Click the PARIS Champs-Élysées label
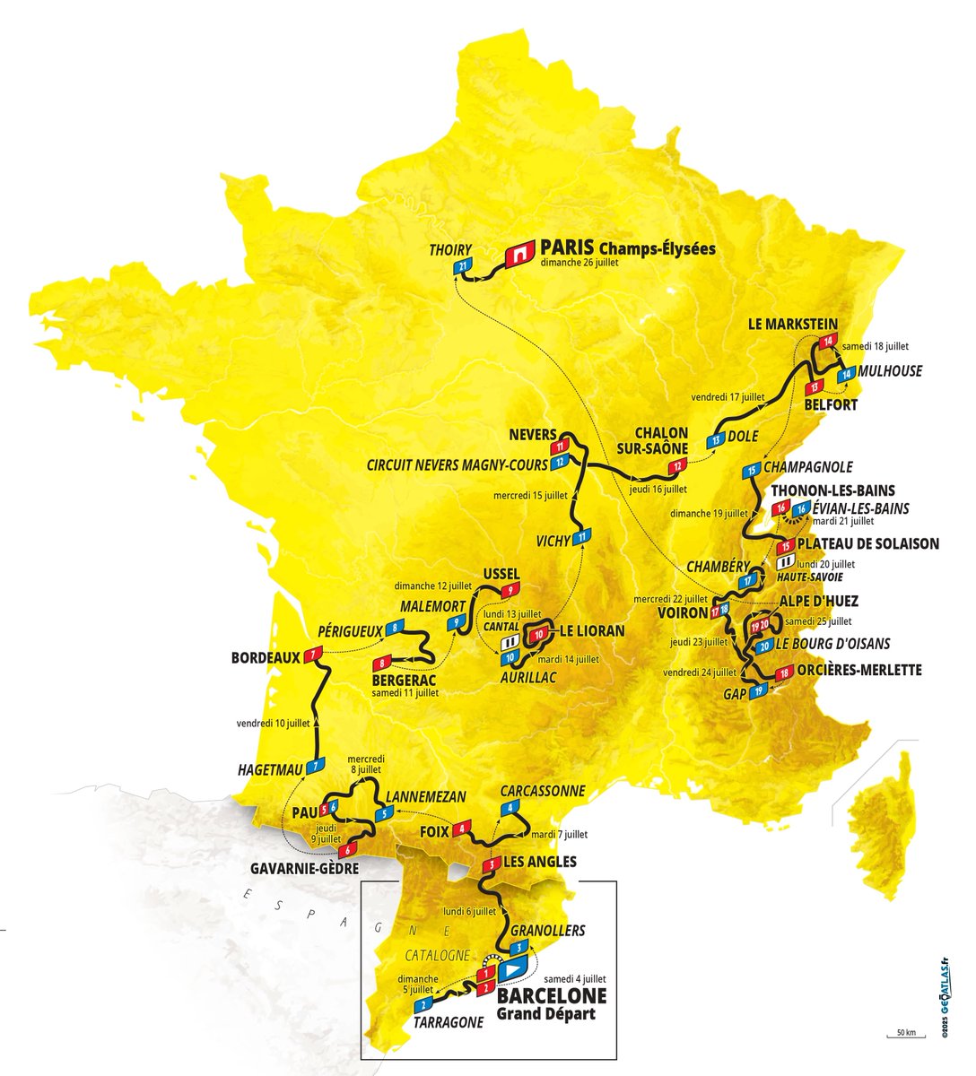pyautogui.click(x=628, y=247)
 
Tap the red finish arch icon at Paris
pyautogui.click(x=519, y=256)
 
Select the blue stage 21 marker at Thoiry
pyautogui.click(x=462, y=268)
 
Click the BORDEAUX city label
pyautogui.click(x=266, y=657)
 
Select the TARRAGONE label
pyautogui.click(x=449, y=1021)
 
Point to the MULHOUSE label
pyautogui.click(x=889, y=371)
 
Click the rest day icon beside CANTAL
pyautogui.click(x=510, y=642)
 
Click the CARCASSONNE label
pyautogui.click(x=543, y=791)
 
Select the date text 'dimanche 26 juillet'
pyautogui.click(x=580, y=264)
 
